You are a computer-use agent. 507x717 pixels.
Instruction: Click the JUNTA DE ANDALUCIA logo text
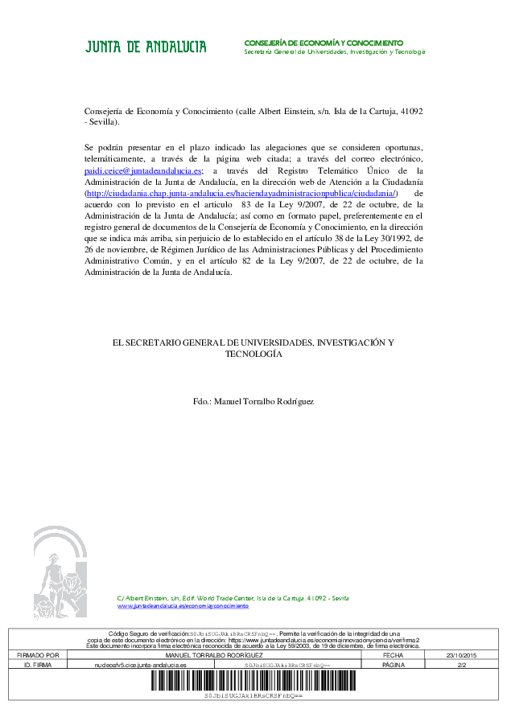pos(146,47)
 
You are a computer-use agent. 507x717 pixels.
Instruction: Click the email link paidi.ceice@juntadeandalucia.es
pos(143,171)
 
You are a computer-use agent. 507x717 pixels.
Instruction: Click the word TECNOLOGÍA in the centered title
pos(253,354)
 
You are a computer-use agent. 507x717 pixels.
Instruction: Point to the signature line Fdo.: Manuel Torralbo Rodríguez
pos(253,401)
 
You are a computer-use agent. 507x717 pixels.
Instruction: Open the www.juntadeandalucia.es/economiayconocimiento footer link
pos(183,605)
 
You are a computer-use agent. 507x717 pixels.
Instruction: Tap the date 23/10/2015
pos(461,656)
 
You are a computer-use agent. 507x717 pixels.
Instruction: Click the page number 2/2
pos(461,666)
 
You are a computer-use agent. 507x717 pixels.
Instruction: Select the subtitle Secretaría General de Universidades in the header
pos(334,51)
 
